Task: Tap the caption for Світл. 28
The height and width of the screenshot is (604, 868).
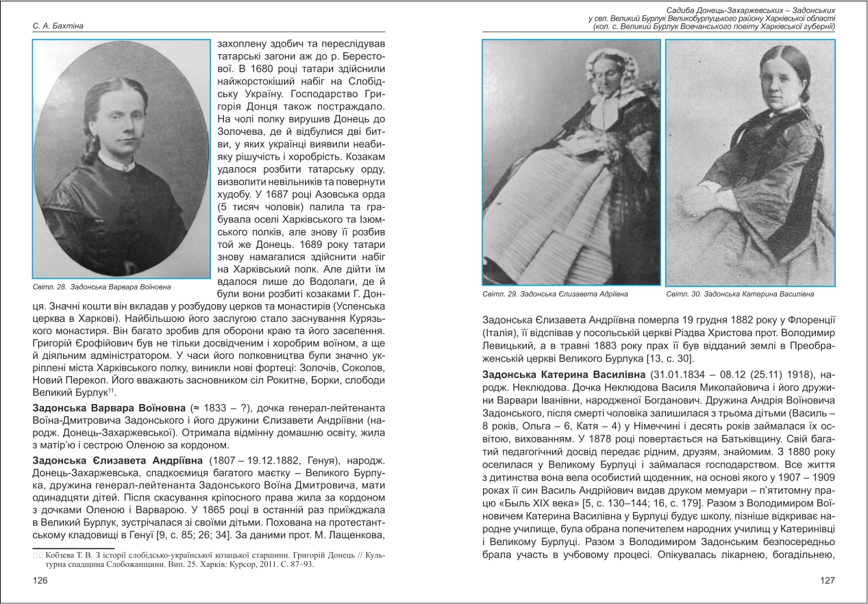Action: (x=101, y=286)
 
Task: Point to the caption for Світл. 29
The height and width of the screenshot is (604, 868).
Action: (x=554, y=294)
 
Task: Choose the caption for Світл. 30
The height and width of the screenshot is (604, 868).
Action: (x=739, y=294)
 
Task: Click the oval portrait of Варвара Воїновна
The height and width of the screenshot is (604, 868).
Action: (x=121, y=159)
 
